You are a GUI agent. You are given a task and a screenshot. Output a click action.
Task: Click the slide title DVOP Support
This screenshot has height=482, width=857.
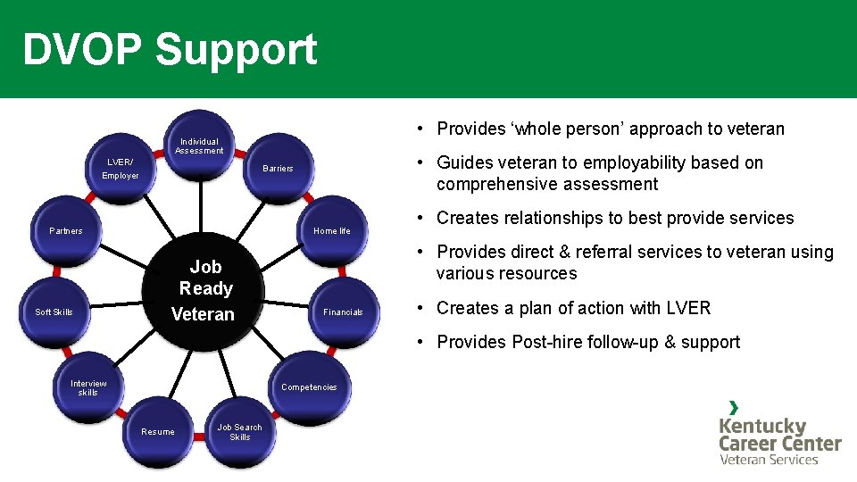click(170, 49)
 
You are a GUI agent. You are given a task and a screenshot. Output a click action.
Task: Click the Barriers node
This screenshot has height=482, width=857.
click(278, 168)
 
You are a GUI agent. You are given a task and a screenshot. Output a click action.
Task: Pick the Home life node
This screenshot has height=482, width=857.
click(331, 231)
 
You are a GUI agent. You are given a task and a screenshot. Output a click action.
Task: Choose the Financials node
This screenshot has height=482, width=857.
click(343, 312)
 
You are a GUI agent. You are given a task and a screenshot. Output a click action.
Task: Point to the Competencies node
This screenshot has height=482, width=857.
click(308, 387)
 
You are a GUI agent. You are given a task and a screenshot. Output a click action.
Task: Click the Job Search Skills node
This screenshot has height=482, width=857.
click(239, 433)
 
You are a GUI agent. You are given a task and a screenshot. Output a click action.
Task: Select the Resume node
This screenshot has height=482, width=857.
click(158, 432)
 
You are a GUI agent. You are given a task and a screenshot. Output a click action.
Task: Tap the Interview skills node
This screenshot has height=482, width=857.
click(88, 388)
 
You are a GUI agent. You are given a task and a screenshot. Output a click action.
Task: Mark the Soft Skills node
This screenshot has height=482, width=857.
click(54, 312)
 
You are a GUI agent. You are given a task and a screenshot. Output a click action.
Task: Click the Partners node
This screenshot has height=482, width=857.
click(66, 231)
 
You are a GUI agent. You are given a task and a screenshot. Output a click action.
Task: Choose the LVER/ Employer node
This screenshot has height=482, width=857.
click(121, 169)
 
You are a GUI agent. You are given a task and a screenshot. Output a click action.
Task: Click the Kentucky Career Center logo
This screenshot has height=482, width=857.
click(779, 434)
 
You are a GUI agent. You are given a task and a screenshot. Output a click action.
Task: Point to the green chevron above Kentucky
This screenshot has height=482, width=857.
click(734, 407)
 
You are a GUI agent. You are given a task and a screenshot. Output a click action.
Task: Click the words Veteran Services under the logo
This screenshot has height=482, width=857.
click(769, 460)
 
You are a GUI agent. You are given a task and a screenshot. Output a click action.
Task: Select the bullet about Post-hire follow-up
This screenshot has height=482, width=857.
click(588, 342)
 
